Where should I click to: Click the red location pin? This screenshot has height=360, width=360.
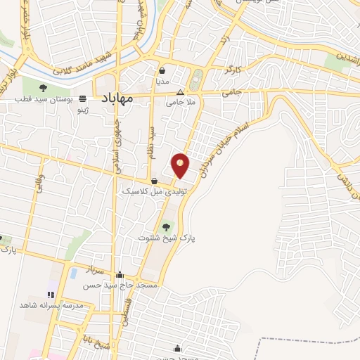181,165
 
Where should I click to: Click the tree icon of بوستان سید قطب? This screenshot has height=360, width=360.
43,88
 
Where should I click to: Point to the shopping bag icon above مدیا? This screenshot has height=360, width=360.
162,71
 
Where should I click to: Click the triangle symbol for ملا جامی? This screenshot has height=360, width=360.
181,92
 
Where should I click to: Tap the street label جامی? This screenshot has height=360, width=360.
231,92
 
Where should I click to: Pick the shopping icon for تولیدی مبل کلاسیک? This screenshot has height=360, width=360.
154,181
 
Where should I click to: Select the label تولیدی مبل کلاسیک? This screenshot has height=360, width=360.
153,191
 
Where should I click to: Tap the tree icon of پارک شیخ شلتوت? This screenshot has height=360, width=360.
166,227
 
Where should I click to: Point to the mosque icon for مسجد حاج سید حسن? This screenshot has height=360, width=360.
120,275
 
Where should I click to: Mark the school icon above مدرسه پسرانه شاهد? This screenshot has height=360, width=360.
50,295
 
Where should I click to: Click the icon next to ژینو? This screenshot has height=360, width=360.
82,99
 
